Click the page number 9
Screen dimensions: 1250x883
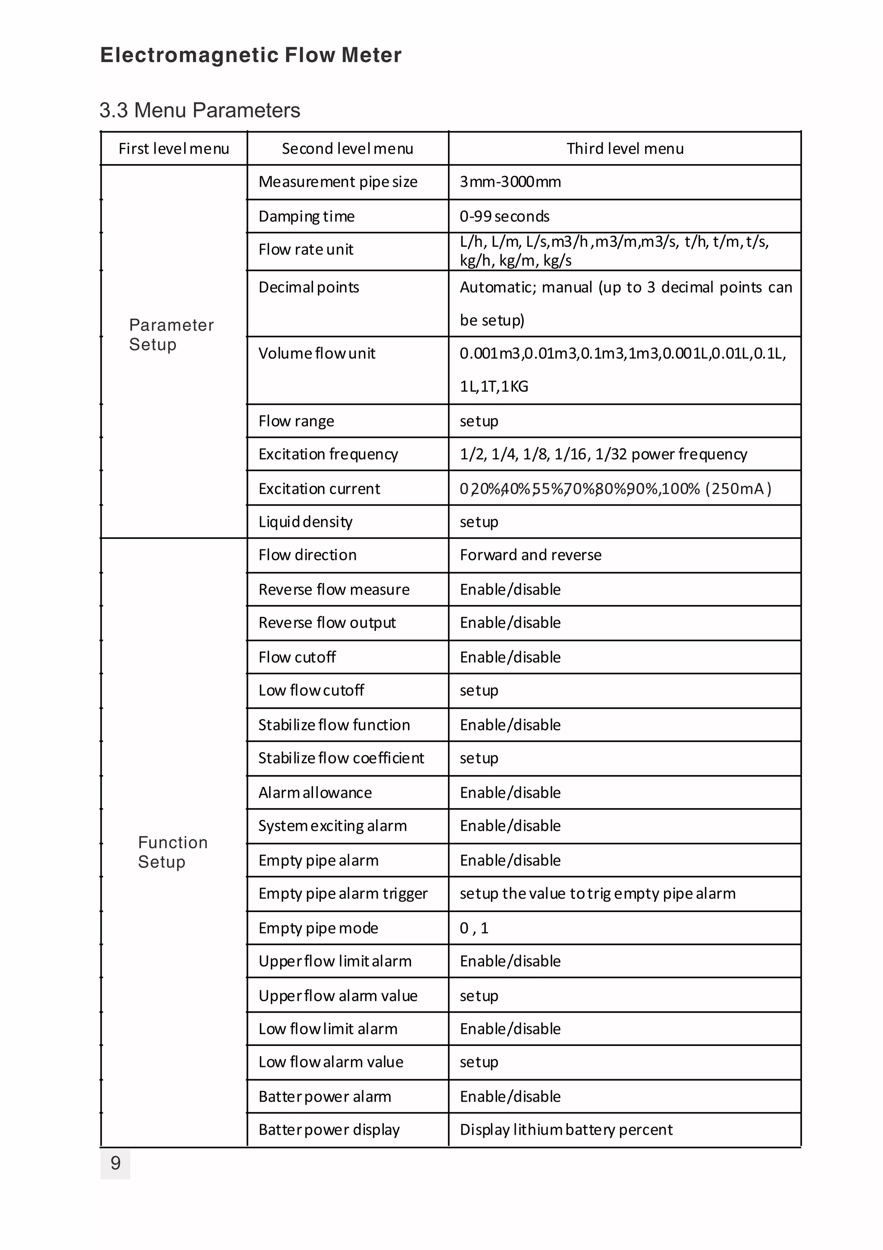pos(116,1163)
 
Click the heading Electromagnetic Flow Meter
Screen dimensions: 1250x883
pos(251,55)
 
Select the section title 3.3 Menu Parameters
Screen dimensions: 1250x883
pos(200,110)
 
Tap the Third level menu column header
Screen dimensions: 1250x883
pos(625,148)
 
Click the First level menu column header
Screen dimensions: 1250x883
pos(174,148)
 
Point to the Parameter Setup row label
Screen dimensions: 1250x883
pos(171,334)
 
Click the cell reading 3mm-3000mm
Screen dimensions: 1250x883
pos(510,182)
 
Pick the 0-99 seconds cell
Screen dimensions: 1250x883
pos(504,216)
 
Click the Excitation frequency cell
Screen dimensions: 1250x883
pos(328,454)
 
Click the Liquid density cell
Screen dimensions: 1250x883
pos(305,522)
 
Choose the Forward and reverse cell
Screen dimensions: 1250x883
pos(530,555)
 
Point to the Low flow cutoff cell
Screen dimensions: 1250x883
pos(311,690)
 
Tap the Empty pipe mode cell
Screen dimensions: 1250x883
pos(318,928)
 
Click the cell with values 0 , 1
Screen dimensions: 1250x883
pos(474,928)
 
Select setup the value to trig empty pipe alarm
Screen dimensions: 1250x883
pos(598,894)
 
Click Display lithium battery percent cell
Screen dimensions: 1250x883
pos(566,1129)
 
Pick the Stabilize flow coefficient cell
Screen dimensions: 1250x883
pos(341,758)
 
